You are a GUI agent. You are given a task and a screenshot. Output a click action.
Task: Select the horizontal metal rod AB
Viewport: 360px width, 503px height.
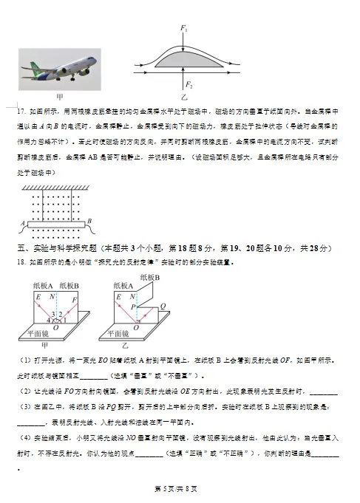click(x=56, y=226)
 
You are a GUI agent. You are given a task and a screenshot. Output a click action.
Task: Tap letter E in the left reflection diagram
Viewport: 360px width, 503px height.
click(x=38, y=296)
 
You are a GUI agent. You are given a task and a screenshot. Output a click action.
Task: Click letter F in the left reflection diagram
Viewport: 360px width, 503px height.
click(x=76, y=298)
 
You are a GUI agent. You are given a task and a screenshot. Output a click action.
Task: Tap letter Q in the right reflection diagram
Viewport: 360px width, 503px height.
click(x=163, y=304)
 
